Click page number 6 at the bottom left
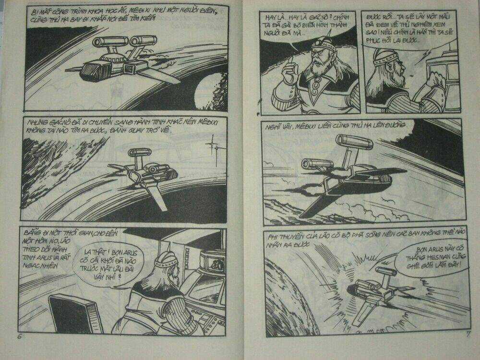(20, 336)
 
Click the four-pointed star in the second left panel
(211, 144)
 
